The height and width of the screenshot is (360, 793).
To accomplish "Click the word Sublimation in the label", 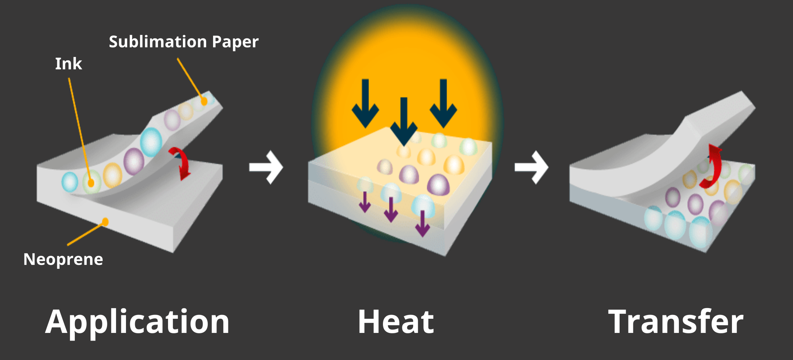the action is click(158, 42).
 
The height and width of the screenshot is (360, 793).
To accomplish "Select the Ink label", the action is click(68, 64).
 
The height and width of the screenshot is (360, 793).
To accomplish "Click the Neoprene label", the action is click(63, 260).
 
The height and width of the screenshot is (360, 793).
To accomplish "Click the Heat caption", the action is click(396, 322).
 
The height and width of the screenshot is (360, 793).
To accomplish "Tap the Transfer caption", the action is click(676, 322).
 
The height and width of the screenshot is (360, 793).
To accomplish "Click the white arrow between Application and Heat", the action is click(266, 167).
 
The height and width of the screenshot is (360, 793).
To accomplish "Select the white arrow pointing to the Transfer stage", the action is click(531, 167).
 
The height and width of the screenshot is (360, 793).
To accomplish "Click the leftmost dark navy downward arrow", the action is click(365, 103).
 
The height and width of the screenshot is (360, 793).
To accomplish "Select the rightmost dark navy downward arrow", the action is click(443, 103).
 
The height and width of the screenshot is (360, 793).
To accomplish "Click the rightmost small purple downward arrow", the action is click(422, 224).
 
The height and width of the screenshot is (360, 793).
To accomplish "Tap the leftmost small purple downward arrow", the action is click(365, 202).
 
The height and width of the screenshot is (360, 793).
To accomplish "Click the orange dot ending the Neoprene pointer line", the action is click(105, 221).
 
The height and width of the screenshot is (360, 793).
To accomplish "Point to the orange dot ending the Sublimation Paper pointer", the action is click(204, 101).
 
